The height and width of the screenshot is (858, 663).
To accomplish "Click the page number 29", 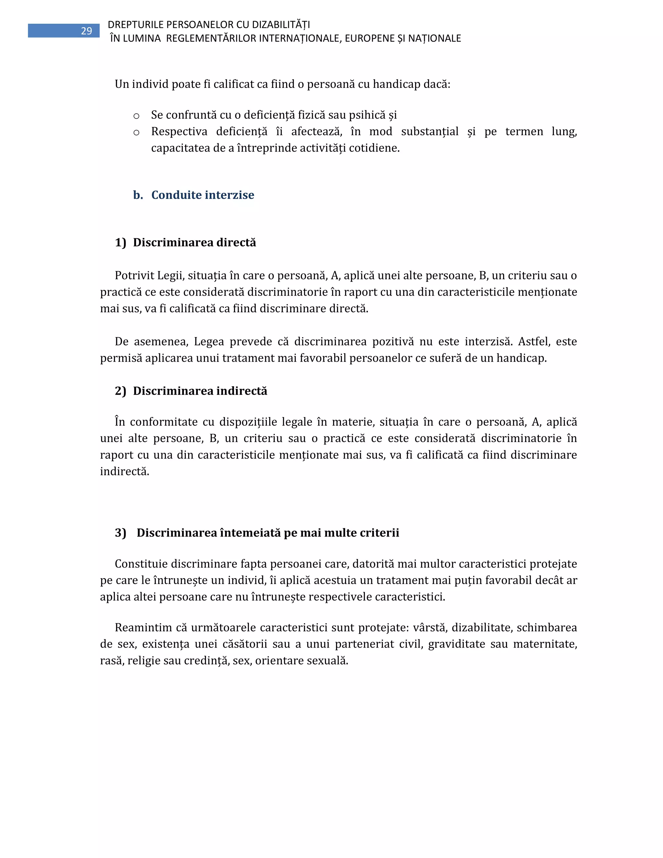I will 86,31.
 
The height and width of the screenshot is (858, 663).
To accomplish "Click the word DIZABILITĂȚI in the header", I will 280,25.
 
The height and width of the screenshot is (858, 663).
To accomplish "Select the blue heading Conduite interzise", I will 202,195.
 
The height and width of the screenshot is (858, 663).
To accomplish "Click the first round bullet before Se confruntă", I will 136,116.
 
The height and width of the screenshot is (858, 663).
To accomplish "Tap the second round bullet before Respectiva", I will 136,132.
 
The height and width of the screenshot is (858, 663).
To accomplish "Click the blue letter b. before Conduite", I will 138,195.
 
